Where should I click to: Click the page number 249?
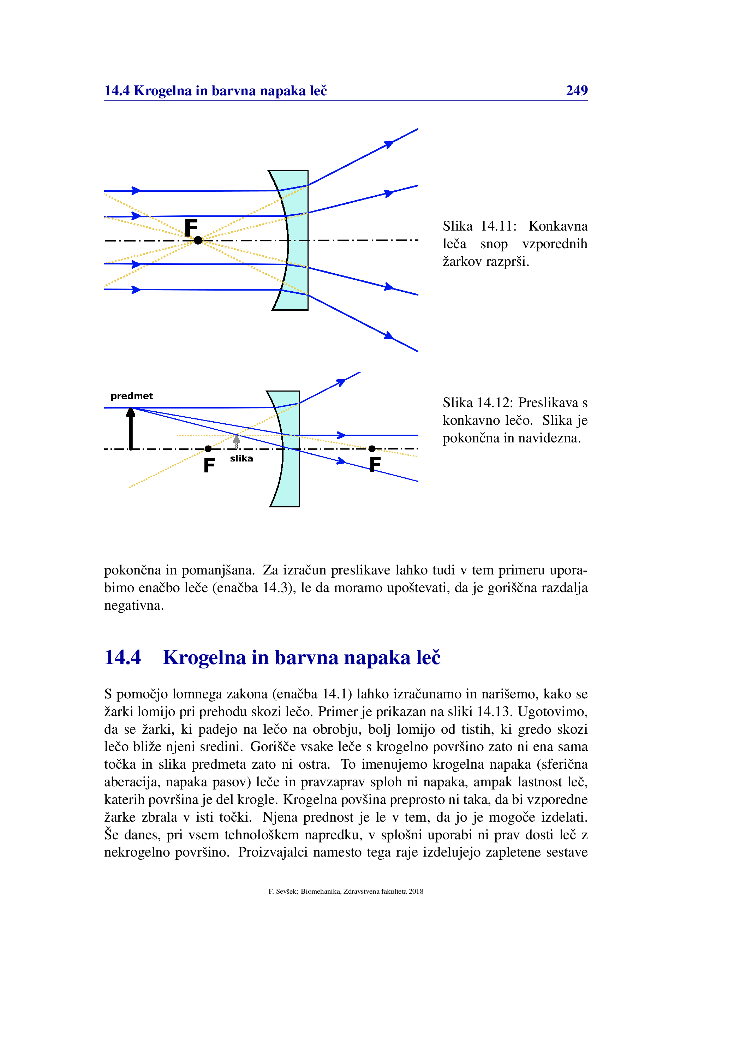577,90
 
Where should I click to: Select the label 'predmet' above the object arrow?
132,396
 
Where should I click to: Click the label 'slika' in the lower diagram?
241,458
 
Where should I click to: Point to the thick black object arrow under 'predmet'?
131,428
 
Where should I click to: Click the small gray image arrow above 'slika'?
236,442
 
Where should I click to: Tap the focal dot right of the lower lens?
372,449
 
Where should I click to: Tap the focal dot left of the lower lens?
208,449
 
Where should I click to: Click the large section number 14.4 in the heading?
123,657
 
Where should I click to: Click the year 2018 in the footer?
416,891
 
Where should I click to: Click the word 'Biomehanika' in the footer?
321,891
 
